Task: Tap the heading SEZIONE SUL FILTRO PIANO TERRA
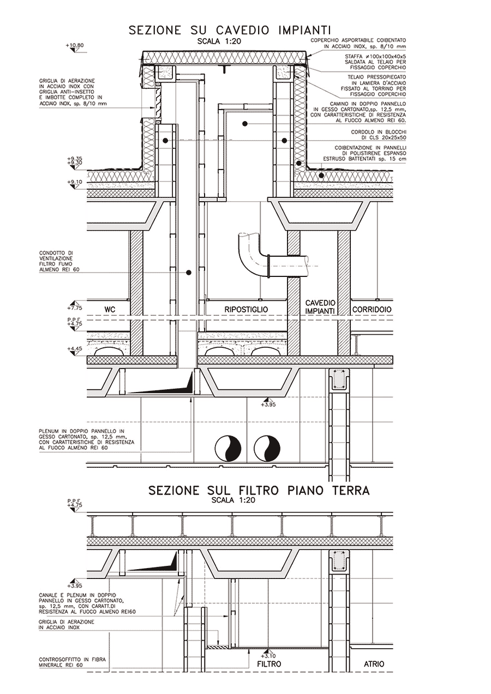coord(259,491)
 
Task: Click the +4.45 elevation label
coord(74,348)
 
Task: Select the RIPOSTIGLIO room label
coord(246,310)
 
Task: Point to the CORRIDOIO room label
coord(371,310)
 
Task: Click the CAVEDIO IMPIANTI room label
coord(320,306)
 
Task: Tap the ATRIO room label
coord(374,664)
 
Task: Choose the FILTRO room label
coord(269,665)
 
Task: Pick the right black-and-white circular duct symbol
coord(267,449)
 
